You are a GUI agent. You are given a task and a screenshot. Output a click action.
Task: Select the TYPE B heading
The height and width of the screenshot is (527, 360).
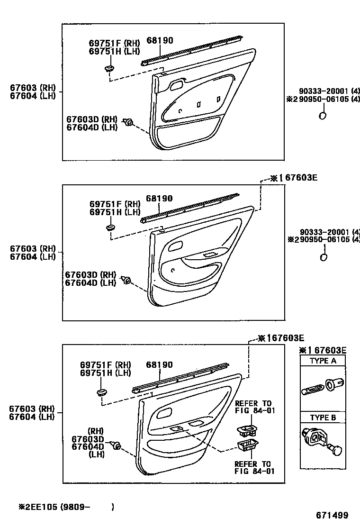(323, 418)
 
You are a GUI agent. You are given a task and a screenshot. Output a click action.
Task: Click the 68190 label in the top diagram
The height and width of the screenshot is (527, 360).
(160, 41)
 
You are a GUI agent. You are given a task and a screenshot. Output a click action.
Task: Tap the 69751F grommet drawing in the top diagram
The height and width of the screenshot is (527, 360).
(109, 69)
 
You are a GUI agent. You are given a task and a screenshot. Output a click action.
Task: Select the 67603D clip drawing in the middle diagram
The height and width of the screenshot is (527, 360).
(126, 280)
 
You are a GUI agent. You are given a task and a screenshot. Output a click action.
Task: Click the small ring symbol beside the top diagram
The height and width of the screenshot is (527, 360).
(323, 116)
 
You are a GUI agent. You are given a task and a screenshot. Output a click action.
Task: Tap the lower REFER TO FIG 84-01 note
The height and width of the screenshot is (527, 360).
(253, 467)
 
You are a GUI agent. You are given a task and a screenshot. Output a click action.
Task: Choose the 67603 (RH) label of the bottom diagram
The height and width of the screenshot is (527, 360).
(31, 409)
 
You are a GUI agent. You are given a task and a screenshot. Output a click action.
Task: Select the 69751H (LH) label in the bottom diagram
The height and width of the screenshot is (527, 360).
(105, 373)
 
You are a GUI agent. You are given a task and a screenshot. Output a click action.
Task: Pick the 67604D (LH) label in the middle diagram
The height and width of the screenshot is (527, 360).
(90, 282)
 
